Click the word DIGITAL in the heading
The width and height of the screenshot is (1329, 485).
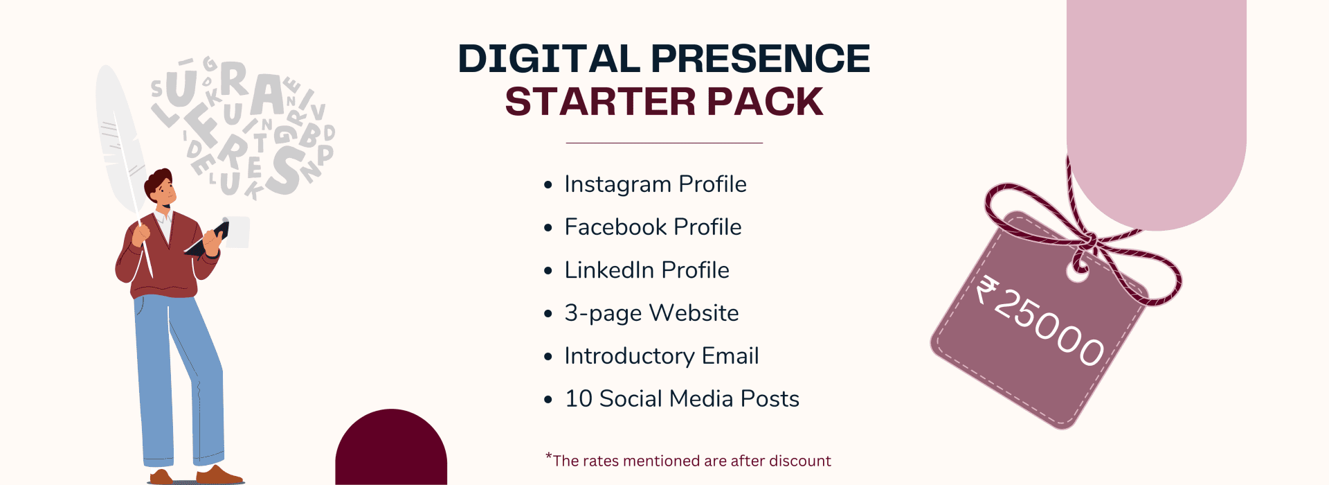tap(549, 58)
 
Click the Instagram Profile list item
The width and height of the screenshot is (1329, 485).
tap(656, 184)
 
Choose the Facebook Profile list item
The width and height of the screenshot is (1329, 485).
tap(653, 227)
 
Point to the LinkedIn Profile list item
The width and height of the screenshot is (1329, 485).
tap(647, 270)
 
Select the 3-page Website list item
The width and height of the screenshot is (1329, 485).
tap(651, 313)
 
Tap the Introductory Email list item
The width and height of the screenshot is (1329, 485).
tap(661, 356)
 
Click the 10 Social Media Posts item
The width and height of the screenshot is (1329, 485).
tap(682, 399)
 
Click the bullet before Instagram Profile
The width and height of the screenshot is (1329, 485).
tap(548, 185)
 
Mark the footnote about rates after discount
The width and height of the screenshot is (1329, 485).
tap(688, 460)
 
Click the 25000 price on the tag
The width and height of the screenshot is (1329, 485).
tap(1049, 327)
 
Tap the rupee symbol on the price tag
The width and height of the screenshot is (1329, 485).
tap(986, 290)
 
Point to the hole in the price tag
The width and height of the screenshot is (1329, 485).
tap(1077, 272)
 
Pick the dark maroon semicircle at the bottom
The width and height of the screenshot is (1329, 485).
tap(391, 447)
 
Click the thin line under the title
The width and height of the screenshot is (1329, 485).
tap(664, 143)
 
